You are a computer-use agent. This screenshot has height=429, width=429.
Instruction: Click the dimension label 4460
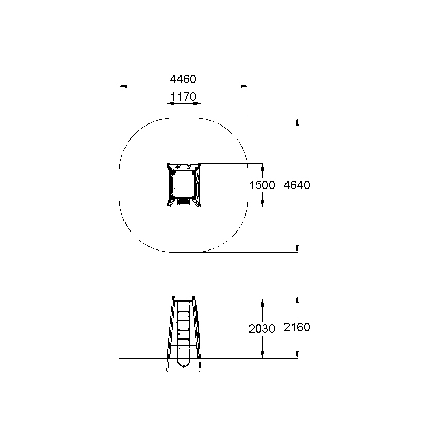[x=183, y=79]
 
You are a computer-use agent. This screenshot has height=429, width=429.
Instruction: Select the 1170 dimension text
[x=184, y=97]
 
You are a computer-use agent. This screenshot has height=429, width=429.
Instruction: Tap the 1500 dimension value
[x=262, y=185]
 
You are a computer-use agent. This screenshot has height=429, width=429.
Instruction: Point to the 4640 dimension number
[x=297, y=185]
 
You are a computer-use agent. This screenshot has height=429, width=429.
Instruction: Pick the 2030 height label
[x=261, y=329]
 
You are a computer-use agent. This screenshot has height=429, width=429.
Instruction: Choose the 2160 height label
[x=297, y=327]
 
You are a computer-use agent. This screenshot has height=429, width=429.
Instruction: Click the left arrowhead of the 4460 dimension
[x=123, y=86]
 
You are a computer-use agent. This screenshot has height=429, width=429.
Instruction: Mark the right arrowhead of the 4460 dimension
[x=244, y=86]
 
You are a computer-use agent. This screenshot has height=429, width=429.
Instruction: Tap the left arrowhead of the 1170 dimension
[x=171, y=104]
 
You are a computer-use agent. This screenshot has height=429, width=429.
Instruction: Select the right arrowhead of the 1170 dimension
[x=197, y=104]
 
